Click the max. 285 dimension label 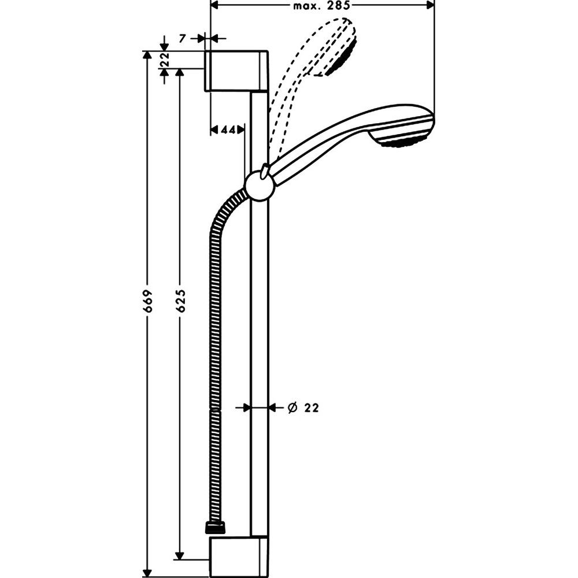tap(321, 6)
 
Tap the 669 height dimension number tap(147, 301)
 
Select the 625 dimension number tap(180, 301)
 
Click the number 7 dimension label tap(182, 38)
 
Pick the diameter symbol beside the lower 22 tap(292, 407)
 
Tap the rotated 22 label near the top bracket tap(164, 59)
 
